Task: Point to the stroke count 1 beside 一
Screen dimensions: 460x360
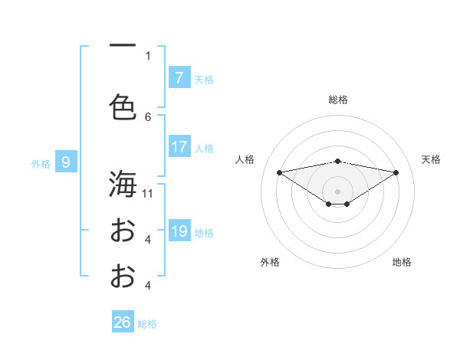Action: [x=148, y=55]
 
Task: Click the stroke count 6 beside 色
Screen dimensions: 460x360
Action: [x=148, y=116]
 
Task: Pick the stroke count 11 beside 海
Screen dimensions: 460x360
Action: [x=148, y=193]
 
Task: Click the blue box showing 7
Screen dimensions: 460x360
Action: [x=179, y=78]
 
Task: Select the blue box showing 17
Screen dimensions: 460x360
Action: [x=179, y=147]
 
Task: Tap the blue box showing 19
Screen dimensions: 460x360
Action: [x=179, y=231]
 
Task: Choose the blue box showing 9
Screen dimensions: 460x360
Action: [x=66, y=162]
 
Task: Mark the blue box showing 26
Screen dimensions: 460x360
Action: [x=122, y=322]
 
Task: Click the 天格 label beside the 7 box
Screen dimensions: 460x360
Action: [x=204, y=79]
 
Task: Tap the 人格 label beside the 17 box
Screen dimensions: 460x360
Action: [x=204, y=148]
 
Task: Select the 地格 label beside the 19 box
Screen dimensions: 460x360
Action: [x=204, y=232]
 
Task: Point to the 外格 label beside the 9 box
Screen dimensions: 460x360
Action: [x=40, y=162]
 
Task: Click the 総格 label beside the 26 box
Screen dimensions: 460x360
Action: [x=147, y=323]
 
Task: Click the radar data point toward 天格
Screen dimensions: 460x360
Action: [x=396, y=172]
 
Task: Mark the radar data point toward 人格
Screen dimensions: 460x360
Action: [x=279, y=172]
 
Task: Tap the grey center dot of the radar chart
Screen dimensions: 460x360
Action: [x=337, y=190]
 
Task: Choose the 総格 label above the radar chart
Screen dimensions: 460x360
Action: [x=338, y=100]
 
